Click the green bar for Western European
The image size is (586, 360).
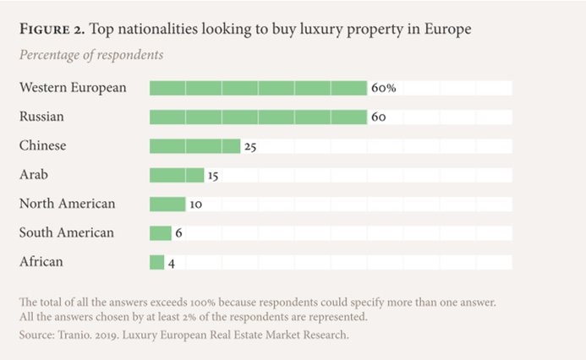[258, 88]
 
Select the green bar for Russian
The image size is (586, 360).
[258, 117]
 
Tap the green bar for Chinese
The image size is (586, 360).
[194, 146]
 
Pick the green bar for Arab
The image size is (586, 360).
[177, 175]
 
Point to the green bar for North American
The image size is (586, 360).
[167, 204]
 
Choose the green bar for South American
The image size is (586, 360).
[161, 233]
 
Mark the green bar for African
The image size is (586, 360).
[157, 262]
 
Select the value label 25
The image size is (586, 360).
[250, 146]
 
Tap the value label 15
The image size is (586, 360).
[214, 175]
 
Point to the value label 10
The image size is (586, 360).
[195, 205]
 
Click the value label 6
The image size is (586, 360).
[178, 233]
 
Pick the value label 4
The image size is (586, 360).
[171, 263]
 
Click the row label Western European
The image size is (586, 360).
[73, 88]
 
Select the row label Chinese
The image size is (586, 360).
[42, 146]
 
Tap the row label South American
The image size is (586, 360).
[67, 233]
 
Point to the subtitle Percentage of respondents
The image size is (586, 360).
[90, 55]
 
